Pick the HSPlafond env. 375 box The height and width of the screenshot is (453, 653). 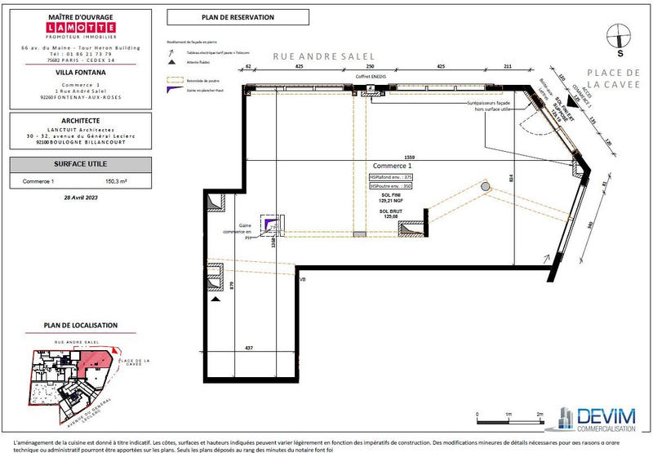(391, 176)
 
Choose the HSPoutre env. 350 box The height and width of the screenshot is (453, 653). (391, 186)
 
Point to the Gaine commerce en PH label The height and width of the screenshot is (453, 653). (244, 231)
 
